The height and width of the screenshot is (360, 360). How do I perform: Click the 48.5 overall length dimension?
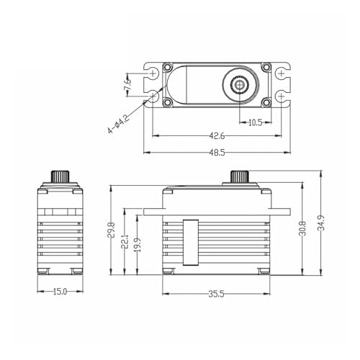217,153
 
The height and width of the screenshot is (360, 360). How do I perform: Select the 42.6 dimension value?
217,136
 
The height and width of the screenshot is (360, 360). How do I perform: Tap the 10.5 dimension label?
256,123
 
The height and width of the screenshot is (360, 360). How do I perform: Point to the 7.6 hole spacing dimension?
127,84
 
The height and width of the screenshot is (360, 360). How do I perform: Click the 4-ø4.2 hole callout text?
118,124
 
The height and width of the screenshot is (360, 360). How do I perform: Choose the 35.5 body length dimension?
216,294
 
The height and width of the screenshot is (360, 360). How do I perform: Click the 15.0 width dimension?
60,292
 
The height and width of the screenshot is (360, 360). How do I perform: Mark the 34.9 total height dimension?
321,222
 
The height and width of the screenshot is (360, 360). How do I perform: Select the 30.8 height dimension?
302,228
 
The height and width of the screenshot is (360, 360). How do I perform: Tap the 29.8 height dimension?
111,230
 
